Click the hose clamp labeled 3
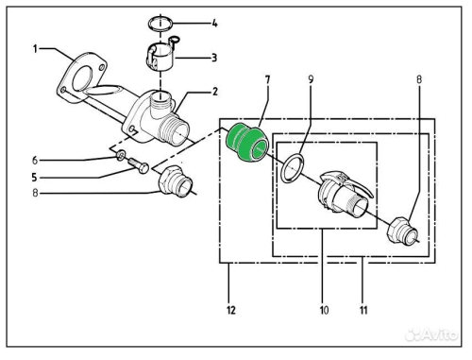tap(163, 59)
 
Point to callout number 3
tap(213, 58)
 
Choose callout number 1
tap(35, 46)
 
